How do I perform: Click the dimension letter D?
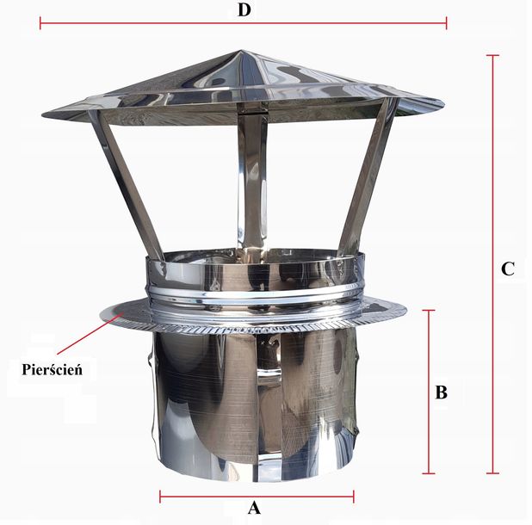244,10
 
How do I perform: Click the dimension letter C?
508,268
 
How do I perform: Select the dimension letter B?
441,392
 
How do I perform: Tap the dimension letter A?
253,508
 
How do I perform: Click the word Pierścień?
57,368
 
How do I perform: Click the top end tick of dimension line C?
492,56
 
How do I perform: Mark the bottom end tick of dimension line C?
492,472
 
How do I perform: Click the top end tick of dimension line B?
430,311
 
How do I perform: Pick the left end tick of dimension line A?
160,495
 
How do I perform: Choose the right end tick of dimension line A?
353,495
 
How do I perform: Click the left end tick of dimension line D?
40,22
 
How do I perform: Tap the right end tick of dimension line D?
446,22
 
